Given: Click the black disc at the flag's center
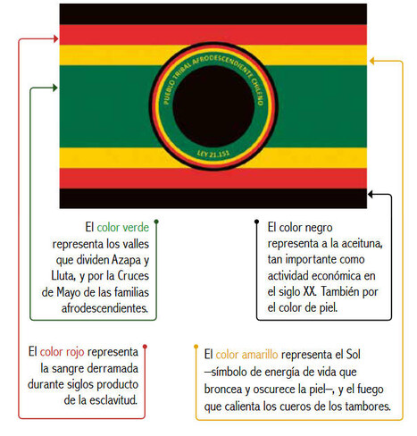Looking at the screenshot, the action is point(213,106).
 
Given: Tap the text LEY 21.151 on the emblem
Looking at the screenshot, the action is point(213,154).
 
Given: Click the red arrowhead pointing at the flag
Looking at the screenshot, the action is point(55,38).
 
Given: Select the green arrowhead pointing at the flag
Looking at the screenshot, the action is point(55,88).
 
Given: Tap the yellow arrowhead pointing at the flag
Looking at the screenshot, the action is point(372,61).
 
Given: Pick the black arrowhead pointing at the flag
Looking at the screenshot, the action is point(371,194).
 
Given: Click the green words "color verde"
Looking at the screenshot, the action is point(122,227).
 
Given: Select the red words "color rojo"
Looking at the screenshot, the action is point(62,352).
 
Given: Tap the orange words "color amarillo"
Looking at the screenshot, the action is point(246,355).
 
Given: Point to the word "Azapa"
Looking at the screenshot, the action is point(126,260).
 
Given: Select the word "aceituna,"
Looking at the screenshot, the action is point(362,244).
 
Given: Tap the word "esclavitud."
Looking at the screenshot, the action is point(113,400).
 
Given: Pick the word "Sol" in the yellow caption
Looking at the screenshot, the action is point(353,355).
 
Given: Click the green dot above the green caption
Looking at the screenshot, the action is point(156,222).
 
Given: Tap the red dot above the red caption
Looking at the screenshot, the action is point(145,347).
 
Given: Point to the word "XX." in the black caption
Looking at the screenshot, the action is point(310,291).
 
